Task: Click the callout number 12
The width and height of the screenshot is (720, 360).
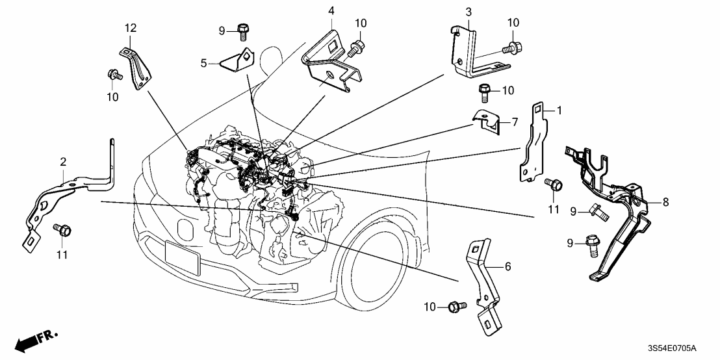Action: (131, 27)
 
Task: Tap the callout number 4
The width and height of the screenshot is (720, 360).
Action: (331, 11)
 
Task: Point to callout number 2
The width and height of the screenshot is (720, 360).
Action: (63, 161)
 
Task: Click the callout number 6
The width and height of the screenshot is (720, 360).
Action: (508, 266)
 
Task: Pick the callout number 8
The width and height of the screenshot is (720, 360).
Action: (665, 202)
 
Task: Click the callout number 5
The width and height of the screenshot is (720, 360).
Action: (203, 64)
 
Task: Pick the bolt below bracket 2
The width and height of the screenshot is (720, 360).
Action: (64, 229)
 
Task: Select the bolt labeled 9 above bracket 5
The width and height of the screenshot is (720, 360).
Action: (243, 29)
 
